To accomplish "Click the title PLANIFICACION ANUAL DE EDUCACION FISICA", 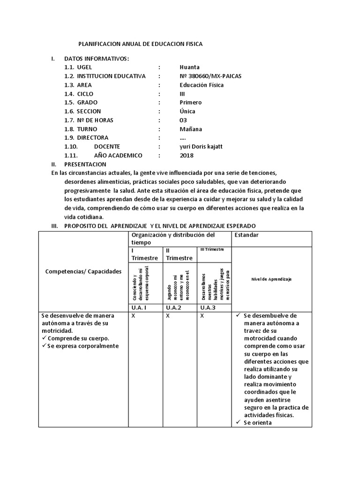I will tap(140, 44).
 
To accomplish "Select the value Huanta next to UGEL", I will tap(189, 67).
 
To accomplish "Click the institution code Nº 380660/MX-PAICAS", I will tap(210, 76).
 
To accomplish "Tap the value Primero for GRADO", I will tap(190, 102).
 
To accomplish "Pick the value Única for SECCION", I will tap(187, 111).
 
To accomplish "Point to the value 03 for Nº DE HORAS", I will tap(183, 120).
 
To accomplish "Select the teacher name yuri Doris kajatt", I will tap(201, 147).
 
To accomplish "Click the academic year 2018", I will tap(186, 156).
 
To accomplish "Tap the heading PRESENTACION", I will tap(85, 164).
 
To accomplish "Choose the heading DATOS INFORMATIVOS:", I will tap(96, 58).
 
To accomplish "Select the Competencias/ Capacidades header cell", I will tap(83, 271).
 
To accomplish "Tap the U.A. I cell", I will tap(139, 307).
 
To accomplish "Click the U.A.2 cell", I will tap(174, 307).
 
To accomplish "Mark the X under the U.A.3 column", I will tap(202, 316).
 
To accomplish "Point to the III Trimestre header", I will tap(212, 249).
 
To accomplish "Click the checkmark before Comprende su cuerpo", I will tap(44, 338).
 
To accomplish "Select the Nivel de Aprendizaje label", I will tap(271, 279).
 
